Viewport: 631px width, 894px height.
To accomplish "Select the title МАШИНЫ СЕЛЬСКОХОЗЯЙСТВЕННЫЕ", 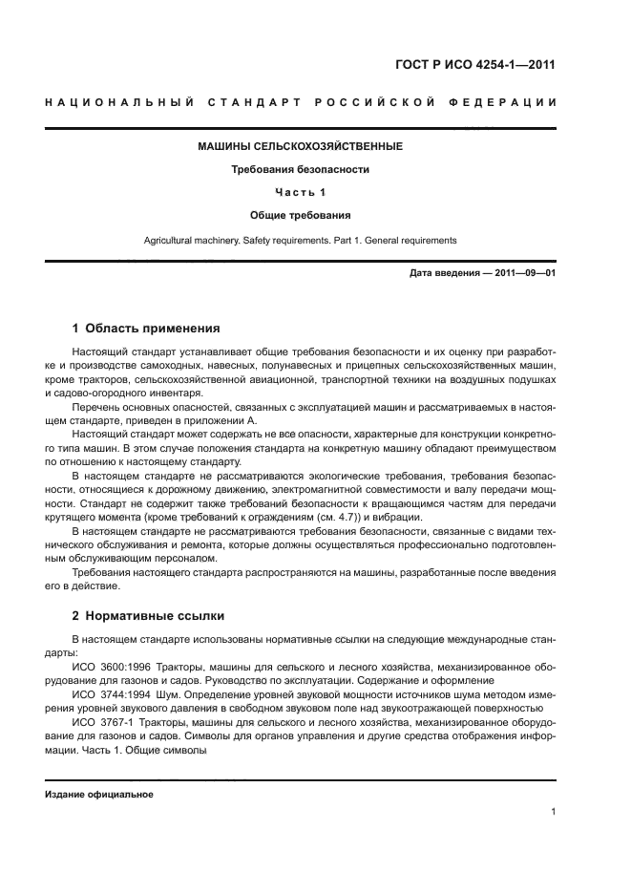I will pyautogui.click(x=300, y=146).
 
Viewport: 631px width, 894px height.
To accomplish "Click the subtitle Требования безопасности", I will pyautogui.click(x=300, y=169).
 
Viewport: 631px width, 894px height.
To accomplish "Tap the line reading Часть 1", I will pyautogui.click(x=300, y=192).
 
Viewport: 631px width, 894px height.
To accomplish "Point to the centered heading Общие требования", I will pyautogui.click(x=300, y=215).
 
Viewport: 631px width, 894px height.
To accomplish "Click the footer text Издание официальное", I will pyautogui.click(x=98, y=795).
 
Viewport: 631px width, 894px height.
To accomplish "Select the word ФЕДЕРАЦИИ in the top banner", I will pyautogui.click(x=502, y=102).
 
